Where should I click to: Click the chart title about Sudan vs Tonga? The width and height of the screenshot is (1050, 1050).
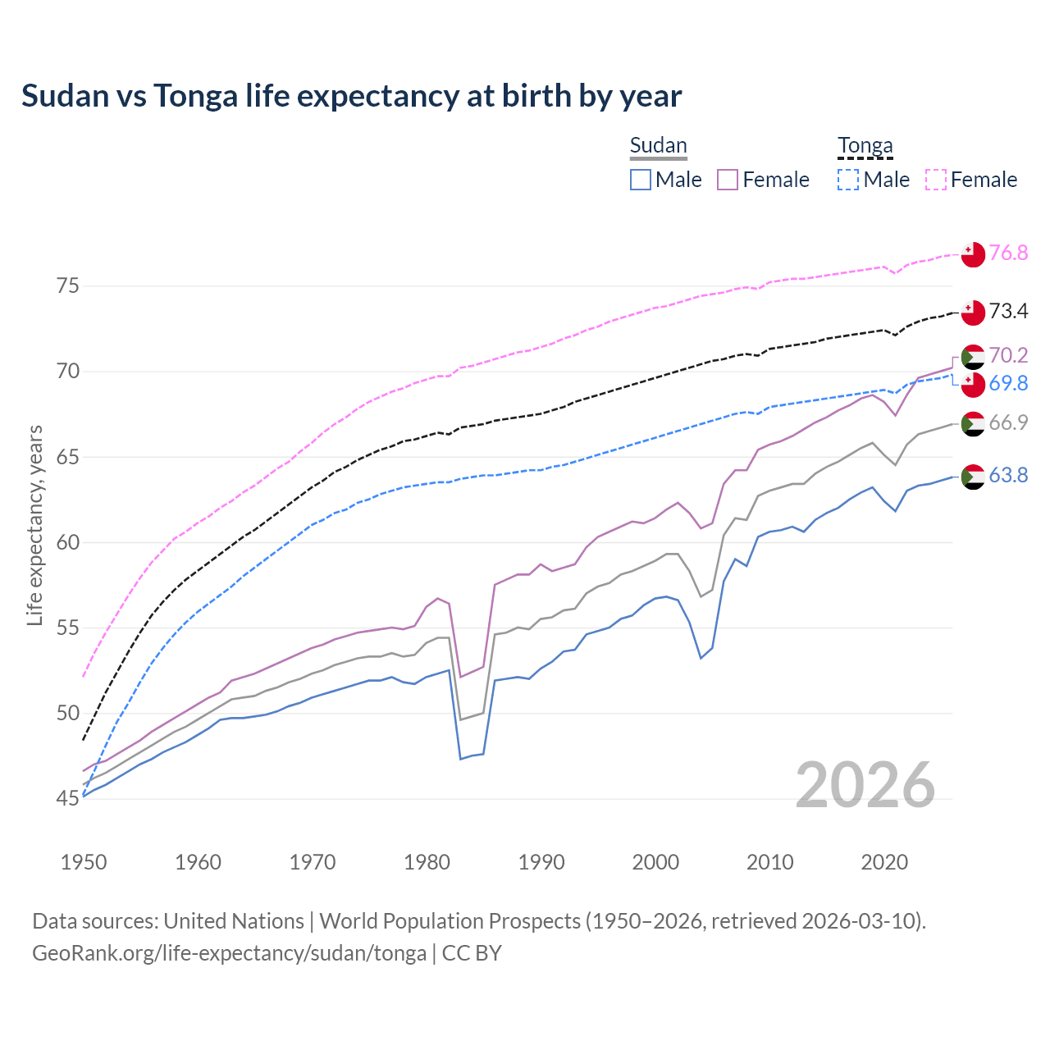[351, 96]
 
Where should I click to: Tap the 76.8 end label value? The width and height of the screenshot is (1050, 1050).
[1008, 253]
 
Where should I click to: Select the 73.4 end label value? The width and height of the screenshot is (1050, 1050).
[1008, 311]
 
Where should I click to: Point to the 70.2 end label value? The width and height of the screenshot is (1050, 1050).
[1008, 355]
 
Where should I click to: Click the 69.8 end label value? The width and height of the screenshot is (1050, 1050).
[1008, 383]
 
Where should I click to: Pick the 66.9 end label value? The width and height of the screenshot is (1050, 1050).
[1008, 422]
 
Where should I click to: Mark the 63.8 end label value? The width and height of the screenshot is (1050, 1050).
[1008, 475]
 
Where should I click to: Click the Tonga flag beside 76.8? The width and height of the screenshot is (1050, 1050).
[973, 254]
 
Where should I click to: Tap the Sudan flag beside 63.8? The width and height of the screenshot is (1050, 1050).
[973, 477]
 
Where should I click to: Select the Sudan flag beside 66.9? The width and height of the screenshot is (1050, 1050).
[973, 424]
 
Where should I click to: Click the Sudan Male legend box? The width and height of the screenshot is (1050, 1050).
[641, 180]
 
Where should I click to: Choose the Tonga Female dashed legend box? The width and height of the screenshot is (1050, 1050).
[936, 180]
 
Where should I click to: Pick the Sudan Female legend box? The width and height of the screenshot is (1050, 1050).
[728, 180]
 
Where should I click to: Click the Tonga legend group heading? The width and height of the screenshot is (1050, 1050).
[865, 146]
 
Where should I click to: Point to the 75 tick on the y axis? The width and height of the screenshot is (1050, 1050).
[68, 286]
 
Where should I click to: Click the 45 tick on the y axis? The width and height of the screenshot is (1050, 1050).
[68, 798]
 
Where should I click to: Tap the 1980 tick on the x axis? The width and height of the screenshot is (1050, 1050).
[427, 862]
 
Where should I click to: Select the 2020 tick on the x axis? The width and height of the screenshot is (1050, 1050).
[884, 862]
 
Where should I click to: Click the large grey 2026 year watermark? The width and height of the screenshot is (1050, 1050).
[865, 786]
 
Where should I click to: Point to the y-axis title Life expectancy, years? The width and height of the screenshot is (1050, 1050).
[34, 525]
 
